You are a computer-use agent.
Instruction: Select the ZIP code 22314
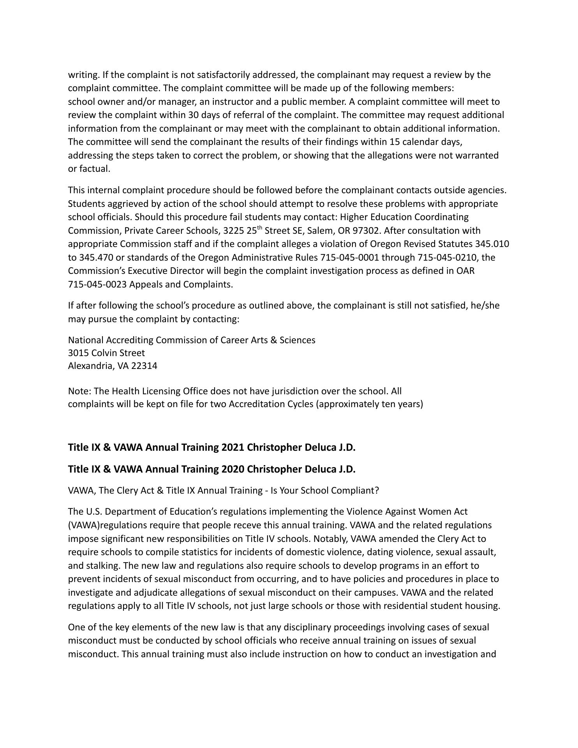point(144,366)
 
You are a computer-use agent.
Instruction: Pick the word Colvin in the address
point(105,353)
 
